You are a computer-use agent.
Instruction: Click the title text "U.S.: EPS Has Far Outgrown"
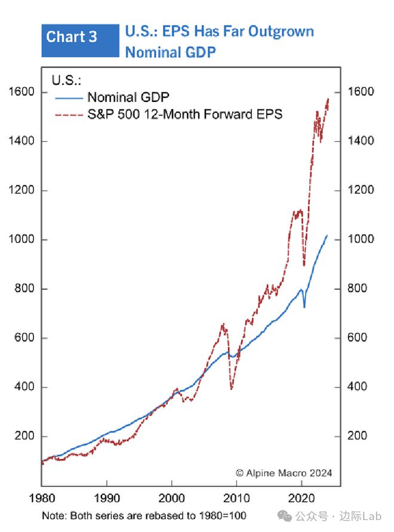pos(219,32)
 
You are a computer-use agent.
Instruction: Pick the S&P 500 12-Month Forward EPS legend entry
pos(184,113)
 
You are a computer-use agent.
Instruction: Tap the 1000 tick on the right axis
pos(362,239)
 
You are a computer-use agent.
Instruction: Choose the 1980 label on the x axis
pos(41,497)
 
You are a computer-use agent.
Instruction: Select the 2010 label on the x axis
pos(236,497)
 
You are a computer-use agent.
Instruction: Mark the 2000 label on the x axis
pos(171,497)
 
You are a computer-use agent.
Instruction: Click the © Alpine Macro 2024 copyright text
pos(284,473)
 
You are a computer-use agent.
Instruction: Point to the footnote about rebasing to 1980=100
pos(144,515)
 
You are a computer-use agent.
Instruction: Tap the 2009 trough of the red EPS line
pos(232,389)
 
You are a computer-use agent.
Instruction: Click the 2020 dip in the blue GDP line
pos(304,307)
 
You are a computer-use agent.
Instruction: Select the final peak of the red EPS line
pos(328,99)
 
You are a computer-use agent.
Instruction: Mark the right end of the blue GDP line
pos(327,236)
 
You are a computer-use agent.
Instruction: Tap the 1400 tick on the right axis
pos(362,141)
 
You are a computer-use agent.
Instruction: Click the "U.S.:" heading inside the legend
pos(66,80)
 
